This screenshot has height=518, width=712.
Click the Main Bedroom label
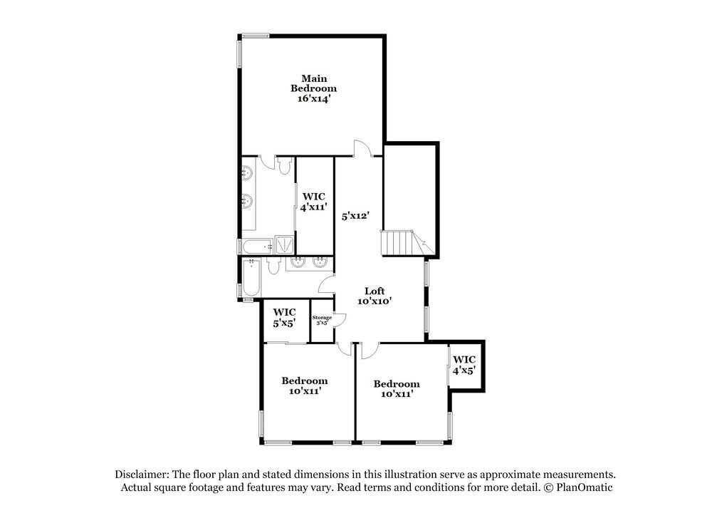pos(313,83)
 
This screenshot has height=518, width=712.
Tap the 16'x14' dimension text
pos(313,99)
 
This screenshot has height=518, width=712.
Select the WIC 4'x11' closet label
pos(314,202)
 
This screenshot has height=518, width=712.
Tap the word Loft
pos(375,291)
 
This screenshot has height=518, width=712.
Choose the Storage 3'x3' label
pos(322,320)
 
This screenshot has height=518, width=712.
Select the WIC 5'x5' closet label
pos(285,317)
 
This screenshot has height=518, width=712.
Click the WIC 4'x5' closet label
pos(464,364)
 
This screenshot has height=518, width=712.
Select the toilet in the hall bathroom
pos(273,265)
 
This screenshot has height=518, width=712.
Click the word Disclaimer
pos(140,475)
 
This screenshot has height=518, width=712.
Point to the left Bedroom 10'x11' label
pos(304,385)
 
